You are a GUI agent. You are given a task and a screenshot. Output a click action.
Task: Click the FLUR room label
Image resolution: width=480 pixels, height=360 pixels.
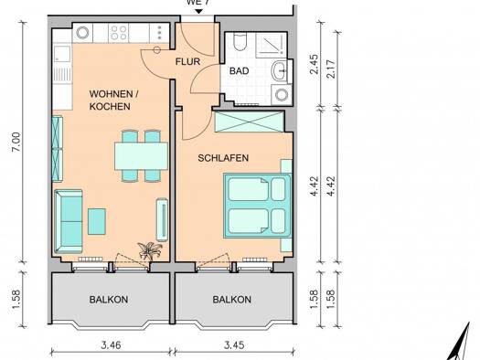(187, 61)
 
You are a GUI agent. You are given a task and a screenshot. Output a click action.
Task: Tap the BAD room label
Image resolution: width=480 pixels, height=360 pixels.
(239, 71)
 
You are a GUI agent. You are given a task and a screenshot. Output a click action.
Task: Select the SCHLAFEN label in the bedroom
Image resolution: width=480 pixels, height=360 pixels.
(223, 158)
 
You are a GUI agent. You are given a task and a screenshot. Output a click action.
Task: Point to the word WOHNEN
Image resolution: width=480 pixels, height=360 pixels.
(111, 94)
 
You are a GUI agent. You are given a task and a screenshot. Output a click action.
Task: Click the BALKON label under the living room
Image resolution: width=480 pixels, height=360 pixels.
(109, 300)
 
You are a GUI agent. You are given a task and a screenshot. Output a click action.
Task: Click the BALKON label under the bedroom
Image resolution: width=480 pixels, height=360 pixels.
(232, 300)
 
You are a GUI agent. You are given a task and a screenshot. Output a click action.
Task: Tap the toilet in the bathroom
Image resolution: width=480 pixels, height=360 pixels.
(240, 42)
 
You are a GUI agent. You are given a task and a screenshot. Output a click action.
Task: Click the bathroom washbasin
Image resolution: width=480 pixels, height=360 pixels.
(280, 71)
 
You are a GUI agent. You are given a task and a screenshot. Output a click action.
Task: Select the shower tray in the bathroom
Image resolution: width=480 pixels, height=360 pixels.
(272, 46)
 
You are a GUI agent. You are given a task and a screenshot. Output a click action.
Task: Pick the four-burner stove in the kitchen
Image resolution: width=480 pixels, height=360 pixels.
(119, 33)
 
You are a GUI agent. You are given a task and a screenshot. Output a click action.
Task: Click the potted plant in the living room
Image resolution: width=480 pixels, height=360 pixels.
(150, 250)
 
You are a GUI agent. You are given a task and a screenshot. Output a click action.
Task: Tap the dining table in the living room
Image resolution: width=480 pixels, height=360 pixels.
(141, 156)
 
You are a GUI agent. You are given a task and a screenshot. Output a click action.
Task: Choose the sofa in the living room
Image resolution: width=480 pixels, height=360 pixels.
(69, 222)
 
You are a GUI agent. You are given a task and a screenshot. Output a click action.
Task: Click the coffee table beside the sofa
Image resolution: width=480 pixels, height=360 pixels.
(97, 221)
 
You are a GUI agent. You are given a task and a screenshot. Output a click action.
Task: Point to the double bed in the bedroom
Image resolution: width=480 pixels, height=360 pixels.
(258, 206)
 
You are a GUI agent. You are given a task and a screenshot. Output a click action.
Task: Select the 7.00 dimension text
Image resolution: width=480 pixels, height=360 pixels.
(16, 142)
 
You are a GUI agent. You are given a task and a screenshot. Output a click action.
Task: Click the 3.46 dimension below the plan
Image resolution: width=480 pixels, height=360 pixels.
(112, 345)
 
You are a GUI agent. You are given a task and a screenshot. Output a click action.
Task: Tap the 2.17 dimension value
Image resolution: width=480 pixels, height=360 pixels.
(331, 69)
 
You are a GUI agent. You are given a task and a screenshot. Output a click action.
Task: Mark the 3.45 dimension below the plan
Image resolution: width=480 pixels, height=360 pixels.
(234, 345)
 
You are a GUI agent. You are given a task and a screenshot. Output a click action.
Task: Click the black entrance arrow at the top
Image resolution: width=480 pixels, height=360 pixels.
(199, 11)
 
